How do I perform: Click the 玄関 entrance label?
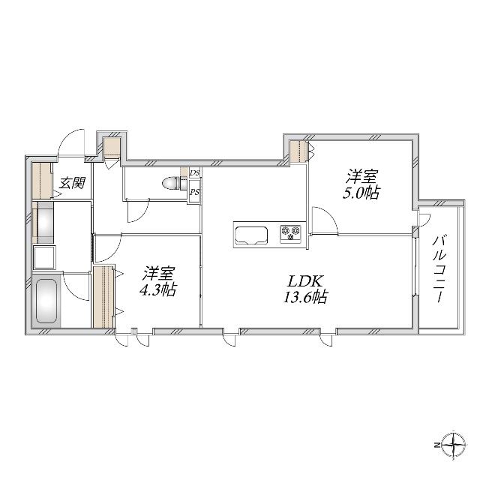coord(72,182)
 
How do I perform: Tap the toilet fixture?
coord(172,182)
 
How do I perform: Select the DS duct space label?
coord(194,173)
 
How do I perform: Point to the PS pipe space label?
coord(194,191)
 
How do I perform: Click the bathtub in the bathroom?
coord(47,300)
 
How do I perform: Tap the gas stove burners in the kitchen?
coord(290,233)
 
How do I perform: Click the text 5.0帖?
coord(362,193)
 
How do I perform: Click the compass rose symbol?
coord(455,445)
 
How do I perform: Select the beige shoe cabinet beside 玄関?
coord(41,181)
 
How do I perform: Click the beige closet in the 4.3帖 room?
coord(102,297)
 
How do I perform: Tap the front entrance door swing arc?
coord(73,142)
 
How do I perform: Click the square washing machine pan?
coord(43,256)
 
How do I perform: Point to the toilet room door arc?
coord(139,211)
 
